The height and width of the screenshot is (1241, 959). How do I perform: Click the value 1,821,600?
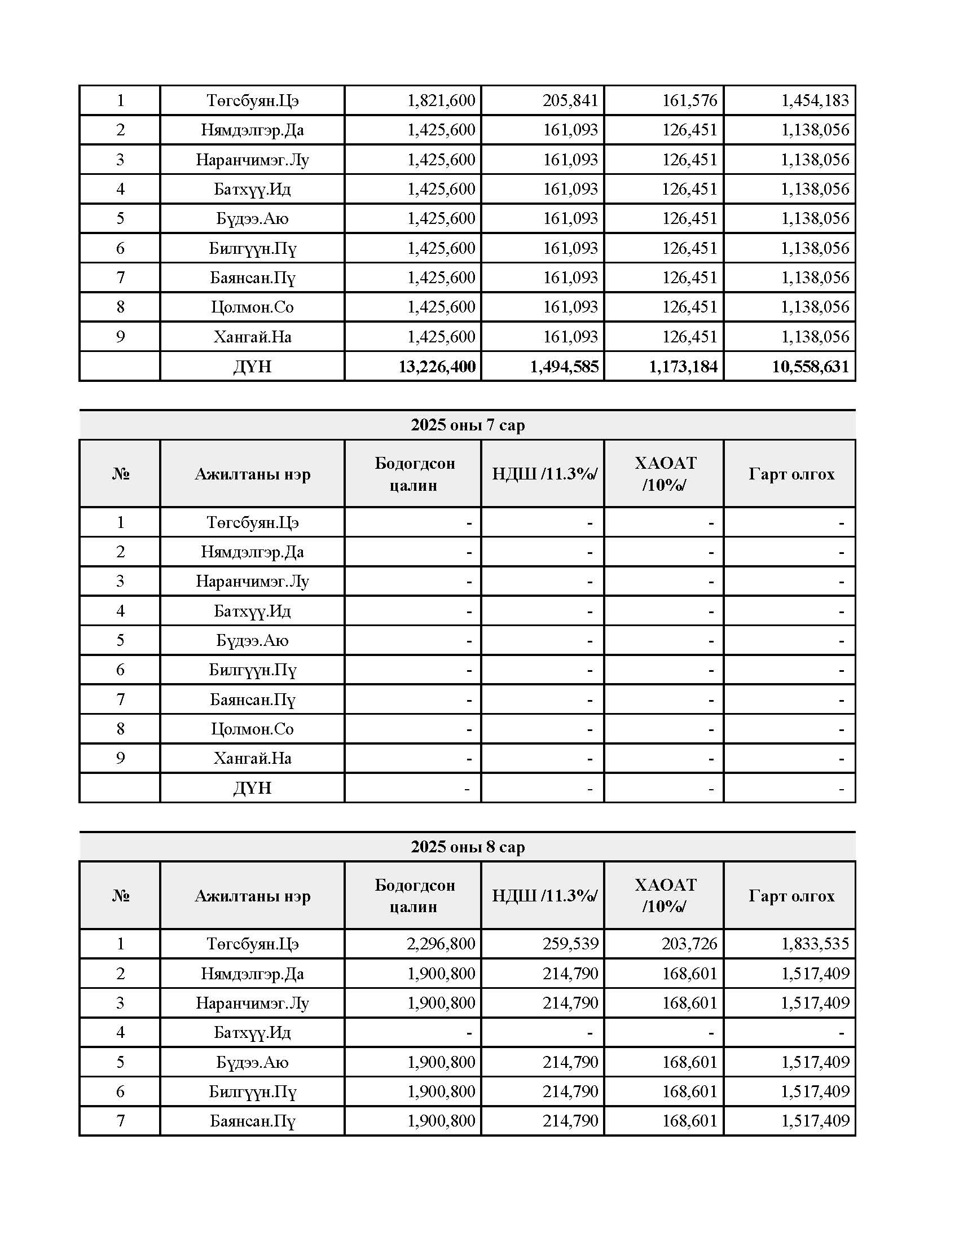(441, 100)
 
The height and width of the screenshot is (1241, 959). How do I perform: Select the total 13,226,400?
(436, 367)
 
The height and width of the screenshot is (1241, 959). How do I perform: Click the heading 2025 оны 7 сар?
(468, 425)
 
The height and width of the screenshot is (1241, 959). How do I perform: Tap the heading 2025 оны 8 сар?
(468, 847)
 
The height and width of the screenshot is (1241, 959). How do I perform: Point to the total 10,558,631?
(810, 367)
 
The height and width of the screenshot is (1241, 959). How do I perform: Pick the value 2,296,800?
(441, 944)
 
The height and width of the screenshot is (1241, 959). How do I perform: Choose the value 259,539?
(570, 944)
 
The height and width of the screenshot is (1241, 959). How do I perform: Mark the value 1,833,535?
(815, 944)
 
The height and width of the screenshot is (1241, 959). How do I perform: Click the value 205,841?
(570, 100)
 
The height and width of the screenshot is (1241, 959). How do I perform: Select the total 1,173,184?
(683, 367)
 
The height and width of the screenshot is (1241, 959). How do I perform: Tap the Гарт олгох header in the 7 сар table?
(791, 473)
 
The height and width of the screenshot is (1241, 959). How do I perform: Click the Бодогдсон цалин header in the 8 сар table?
(414, 896)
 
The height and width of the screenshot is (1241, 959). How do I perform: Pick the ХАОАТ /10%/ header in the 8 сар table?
(665, 896)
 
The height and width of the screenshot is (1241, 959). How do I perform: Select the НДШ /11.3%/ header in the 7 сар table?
(544, 473)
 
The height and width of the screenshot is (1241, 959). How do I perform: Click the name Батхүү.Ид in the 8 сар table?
(252, 1032)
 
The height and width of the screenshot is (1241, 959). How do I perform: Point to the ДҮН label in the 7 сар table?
(252, 788)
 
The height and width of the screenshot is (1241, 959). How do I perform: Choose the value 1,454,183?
(815, 100)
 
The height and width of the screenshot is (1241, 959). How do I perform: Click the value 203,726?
(689, 944)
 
